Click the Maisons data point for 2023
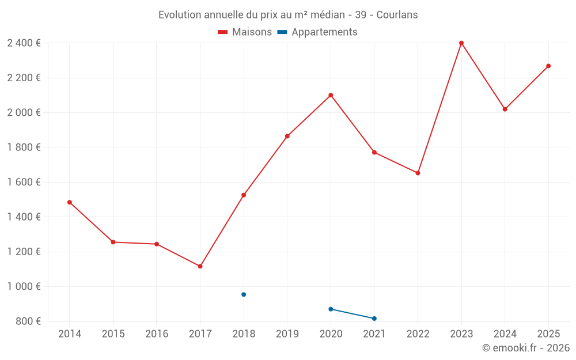(461, 43)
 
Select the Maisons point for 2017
(200, 266)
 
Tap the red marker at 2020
(331, 95)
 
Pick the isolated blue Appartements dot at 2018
(244, 294)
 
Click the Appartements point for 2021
(374, 319)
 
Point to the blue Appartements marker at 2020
(331, 309)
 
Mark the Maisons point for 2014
(70, 202)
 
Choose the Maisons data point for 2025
(548, 66)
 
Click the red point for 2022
(418, 173)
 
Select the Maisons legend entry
(245, 32)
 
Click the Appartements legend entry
(317, 32)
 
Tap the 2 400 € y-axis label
(24, 43)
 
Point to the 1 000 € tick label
(24, 286)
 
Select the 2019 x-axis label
(287, 334)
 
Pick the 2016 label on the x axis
(157, 334)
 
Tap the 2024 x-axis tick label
(505, 334)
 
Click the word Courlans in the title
(397, 14)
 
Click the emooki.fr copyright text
(526, 348)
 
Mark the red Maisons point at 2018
(244, 195)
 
